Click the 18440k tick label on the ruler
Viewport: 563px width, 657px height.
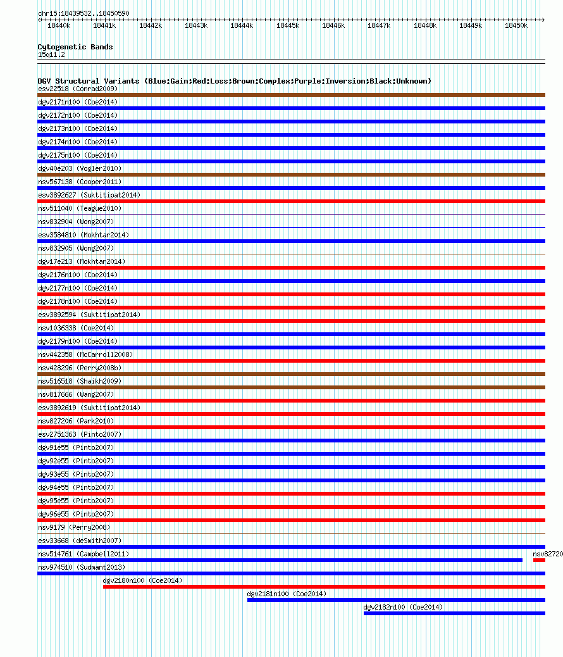(59, 26)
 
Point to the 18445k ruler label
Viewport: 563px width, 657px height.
(288, 26)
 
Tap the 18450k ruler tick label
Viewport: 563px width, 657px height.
(516, 26)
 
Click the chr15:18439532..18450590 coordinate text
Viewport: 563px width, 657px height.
(84, 13)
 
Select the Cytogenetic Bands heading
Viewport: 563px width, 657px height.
(75, 47)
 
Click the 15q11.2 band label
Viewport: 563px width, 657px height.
(51, 54)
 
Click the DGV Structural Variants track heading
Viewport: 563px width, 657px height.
(234, 81)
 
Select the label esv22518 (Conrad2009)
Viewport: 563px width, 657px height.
(78, 89)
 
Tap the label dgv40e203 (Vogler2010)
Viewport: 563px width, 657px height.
(80, 168)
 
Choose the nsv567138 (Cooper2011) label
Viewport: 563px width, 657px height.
(80, 182)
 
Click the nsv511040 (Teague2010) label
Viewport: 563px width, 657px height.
(80, 208)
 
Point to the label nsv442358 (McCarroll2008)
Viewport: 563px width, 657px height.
(85, 354)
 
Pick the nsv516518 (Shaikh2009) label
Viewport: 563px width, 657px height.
(80, 381)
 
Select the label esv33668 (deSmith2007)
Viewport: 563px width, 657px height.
(80, 541)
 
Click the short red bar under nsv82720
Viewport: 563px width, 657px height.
(539, 560)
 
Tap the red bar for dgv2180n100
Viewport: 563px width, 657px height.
(324, 587)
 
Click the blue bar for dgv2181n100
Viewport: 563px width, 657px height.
(396, 600)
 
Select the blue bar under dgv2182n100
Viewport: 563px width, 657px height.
(454, 613)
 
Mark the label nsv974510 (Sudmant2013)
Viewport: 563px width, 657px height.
(82, 567)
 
